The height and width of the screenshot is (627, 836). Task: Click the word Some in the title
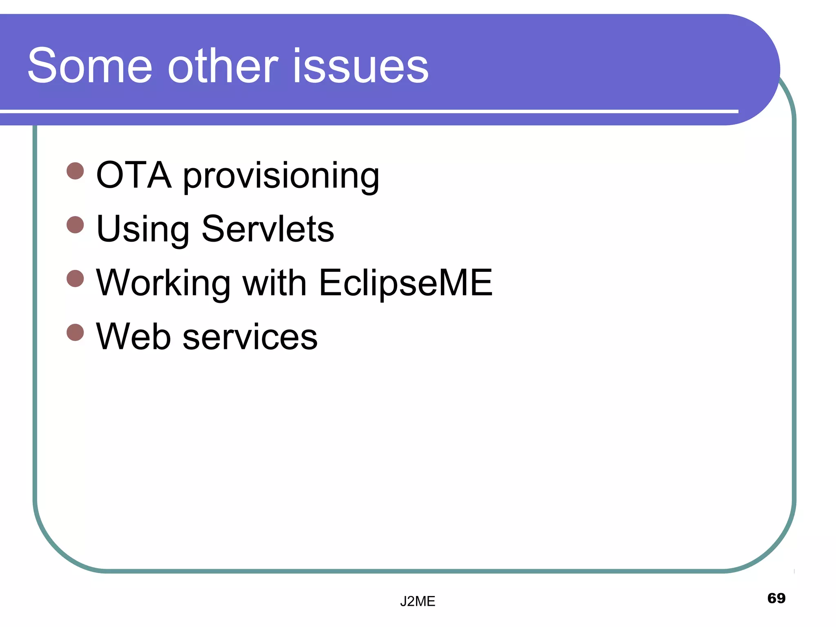tap(90, 66)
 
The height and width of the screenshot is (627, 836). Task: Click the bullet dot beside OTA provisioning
tap(75, 171)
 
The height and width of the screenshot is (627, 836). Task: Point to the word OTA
tap(133, 176)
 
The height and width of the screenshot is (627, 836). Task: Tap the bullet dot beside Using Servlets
tap(75, 225)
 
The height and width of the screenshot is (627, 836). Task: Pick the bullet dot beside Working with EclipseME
tap(75, 278)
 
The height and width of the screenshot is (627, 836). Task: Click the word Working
tap(163, 284)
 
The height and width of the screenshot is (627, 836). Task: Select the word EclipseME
tap(406, 284)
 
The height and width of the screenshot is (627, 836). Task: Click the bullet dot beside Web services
tap(75, 332)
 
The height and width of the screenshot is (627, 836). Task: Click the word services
tap(250, 337)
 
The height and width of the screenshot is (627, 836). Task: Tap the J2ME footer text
tap(418, 601)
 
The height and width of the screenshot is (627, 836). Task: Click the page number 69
tap(776, 598)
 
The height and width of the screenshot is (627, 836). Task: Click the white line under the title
tap(367, 111)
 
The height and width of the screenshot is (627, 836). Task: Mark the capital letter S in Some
tap(42, 65)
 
